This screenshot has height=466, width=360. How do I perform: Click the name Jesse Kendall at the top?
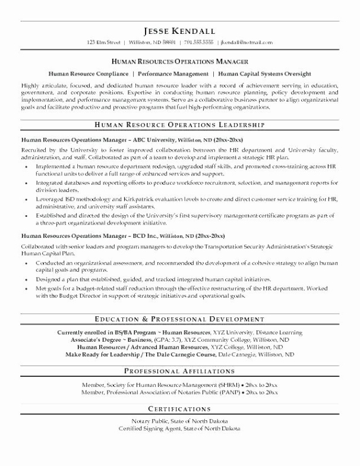coord(179,30)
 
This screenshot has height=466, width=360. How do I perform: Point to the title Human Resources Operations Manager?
coord(179,61)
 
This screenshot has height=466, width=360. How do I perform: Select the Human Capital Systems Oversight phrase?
coord(264,74)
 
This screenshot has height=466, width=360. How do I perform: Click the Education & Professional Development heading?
coord(179,319)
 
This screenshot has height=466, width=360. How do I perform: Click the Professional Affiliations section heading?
coord(179,371)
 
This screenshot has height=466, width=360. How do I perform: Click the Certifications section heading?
coord(179,409)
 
